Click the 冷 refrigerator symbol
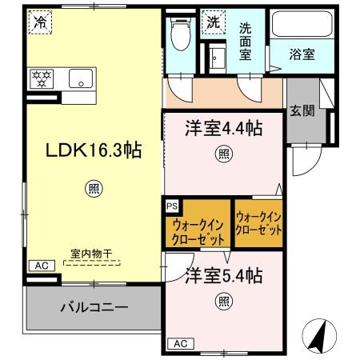[39, 24]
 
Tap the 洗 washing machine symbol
[214, 23]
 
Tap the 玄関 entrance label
[302, 110]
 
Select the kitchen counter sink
[80, 78]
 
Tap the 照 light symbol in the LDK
[93, 189]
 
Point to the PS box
[172, 206]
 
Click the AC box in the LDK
[39, 265]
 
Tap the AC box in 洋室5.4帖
[179, 343]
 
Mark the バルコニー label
[89, 306]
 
